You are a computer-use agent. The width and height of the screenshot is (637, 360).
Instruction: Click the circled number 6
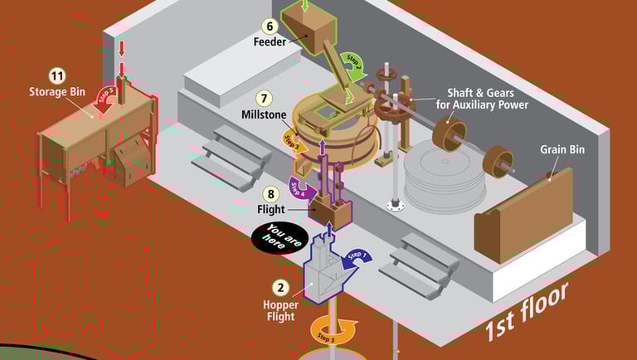(271, 26)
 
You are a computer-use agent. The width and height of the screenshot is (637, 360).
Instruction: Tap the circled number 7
(264, 97)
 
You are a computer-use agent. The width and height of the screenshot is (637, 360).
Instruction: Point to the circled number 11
(57, 75)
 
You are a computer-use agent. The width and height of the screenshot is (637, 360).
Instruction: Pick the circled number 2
(281, 289)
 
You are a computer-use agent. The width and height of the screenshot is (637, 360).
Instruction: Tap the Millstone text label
(264, 113)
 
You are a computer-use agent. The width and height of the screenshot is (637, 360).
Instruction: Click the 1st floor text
(527, 311)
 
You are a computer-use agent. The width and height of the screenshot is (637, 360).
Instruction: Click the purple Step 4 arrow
(299, 186)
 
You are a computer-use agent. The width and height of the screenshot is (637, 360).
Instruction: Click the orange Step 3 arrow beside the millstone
(294, 143)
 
